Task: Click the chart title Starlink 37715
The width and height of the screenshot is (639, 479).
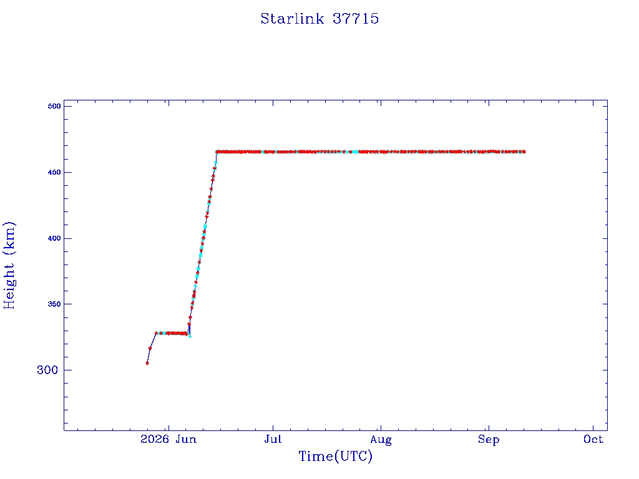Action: (x=319, y=19)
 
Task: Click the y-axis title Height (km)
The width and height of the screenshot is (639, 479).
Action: (x=9, y=265)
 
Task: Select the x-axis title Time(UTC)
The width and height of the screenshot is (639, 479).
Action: (x=335, y=456)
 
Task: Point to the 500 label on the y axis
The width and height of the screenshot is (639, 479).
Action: (x=54, y=106)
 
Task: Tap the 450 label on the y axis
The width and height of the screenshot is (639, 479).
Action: (x=54, y=172)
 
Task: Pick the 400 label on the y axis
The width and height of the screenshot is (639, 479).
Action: (x=54, y=238)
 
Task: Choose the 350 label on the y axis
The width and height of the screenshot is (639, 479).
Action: (x=54, y=304)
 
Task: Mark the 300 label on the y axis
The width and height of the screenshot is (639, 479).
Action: (x=47, y=370)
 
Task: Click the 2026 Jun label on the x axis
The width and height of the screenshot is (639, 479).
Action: (x=168, y=439)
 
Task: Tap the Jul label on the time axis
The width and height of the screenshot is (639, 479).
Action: (x=273, y=439)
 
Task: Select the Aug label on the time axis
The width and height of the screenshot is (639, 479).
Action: (x=381, y=440)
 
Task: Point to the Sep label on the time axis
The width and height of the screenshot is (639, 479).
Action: (x=489, y=440)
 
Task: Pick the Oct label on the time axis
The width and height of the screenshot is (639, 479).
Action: (x=593, y=439)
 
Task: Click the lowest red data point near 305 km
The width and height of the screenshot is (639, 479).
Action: (x=147, y=363)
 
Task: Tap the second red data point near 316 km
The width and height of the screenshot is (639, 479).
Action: (x=150, y=348)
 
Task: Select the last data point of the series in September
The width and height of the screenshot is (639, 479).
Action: (x=524, y=152)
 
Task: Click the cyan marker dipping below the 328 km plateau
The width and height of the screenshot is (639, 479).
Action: (x=190, y=336)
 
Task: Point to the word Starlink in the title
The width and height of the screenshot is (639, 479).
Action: (x=292, y=19)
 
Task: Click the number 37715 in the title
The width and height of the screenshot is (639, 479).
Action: (x=356, y=19)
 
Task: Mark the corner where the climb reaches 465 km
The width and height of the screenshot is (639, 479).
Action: (x=217, y=152)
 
